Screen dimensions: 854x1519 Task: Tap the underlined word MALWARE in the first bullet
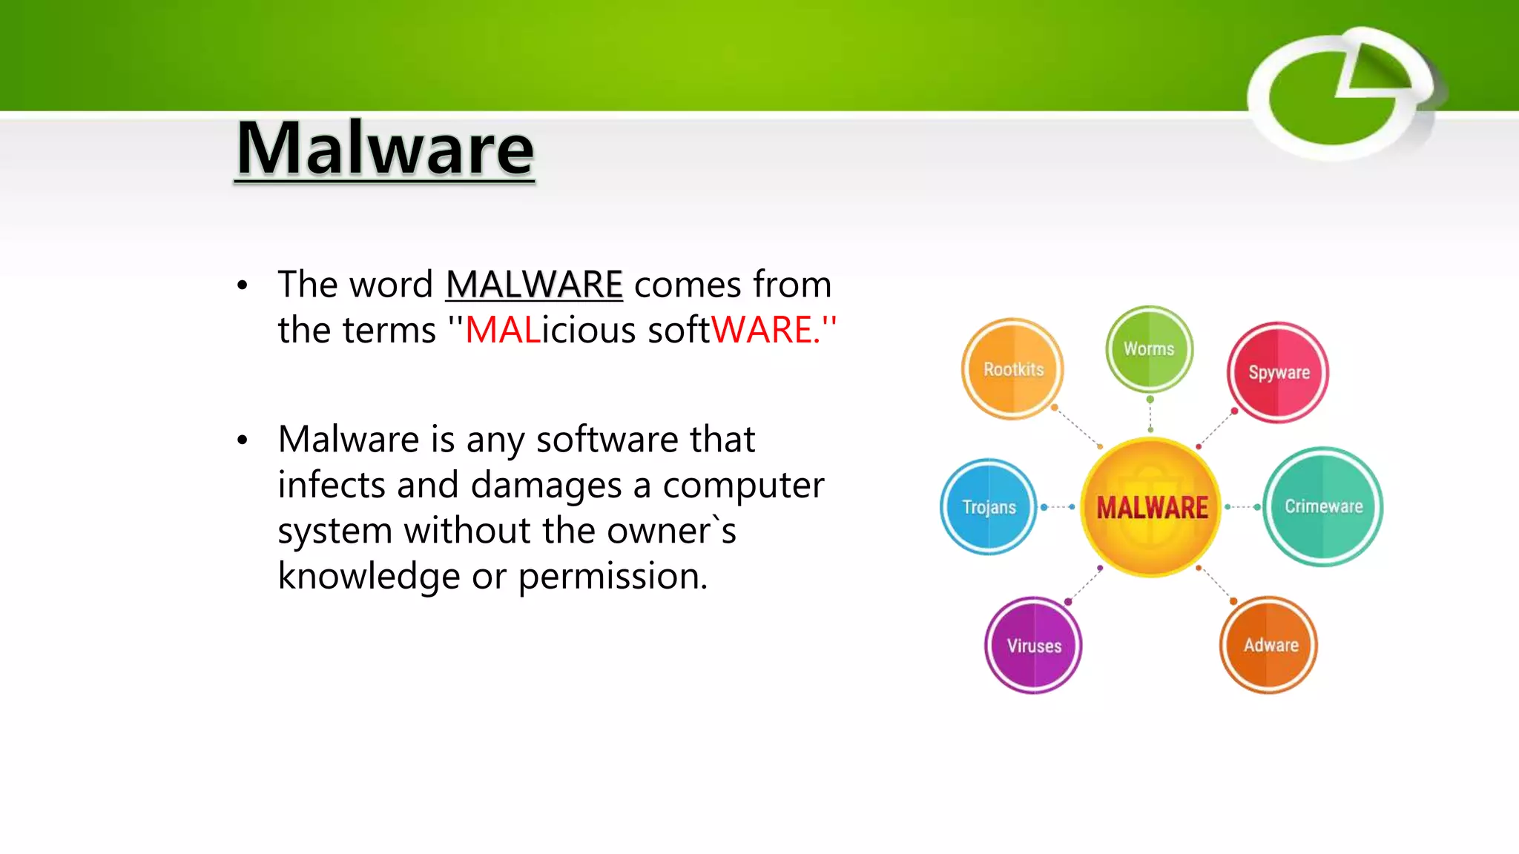tap(534, 285)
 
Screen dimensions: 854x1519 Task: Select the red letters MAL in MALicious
tap(502, 330)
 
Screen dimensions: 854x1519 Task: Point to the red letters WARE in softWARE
tap(762, 330)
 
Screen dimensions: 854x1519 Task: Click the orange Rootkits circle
tap(1012, 368)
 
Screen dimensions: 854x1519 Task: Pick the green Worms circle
tap(1149, 348)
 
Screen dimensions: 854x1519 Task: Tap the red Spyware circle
tap(1278, 372)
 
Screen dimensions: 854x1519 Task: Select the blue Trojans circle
tap(989, 507)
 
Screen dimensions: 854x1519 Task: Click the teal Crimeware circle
tap(1322, 506)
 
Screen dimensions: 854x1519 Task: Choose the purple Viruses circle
tap(1033, 645)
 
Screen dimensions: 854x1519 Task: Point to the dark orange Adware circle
tap(1269, 644)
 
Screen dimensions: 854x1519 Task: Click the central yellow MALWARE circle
tap(1151, 507)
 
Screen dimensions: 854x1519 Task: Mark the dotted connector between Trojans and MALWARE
tap(1058, 507)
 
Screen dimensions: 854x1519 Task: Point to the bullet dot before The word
tap(243, 285)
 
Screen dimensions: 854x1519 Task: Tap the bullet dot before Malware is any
tap(243, 440)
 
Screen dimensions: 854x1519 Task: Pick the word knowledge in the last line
tap(369, 576)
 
